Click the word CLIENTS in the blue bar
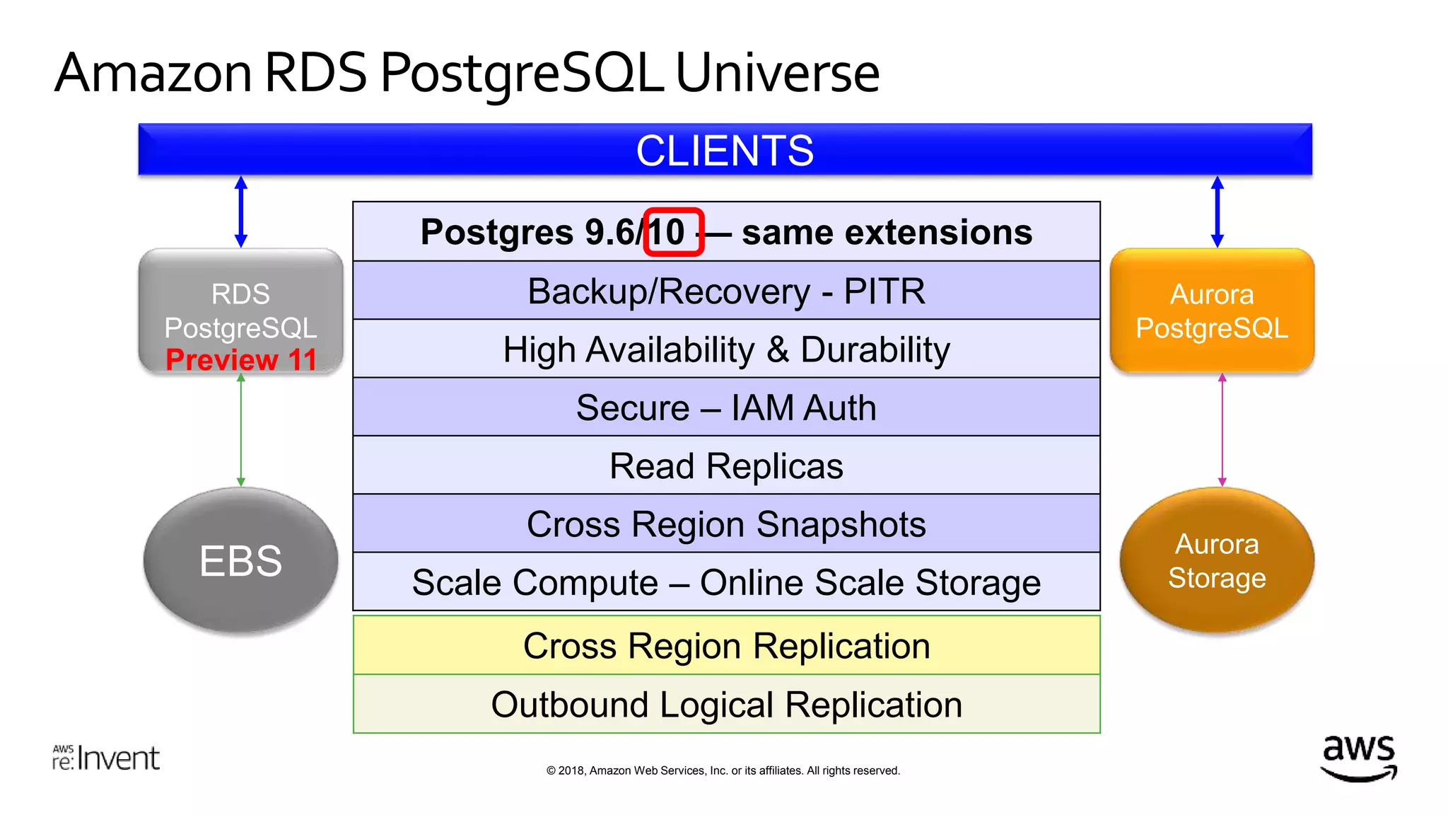click(x=725, y=151)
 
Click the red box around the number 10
click(x=673, y=232)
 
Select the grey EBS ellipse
click(x=240, y=560)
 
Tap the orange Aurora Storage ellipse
click(x=1217, y=560)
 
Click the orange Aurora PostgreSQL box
click(x=1212, y=311)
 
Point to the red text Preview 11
click(x=241, y=359)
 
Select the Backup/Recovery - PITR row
click(x=726, y=291)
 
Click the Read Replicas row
click(x=726, y=466)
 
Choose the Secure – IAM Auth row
click(x=726, y=407)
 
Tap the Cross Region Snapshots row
click(x=726, y=524)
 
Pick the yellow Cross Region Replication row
click(x=726, y=645)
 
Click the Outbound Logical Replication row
click(x=726, y=705)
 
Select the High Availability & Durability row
click(x=726, y=349)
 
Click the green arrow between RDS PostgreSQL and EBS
click(x=241, y=430)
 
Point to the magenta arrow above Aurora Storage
click(x=1222, y=430)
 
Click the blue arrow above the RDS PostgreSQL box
click(x=241, y=212)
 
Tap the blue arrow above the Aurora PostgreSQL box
click(x=1217, y=212)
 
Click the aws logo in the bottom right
click(x=1358, y=758)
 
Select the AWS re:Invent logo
click(x=106, y=758)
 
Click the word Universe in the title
click(x=777, y=73)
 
